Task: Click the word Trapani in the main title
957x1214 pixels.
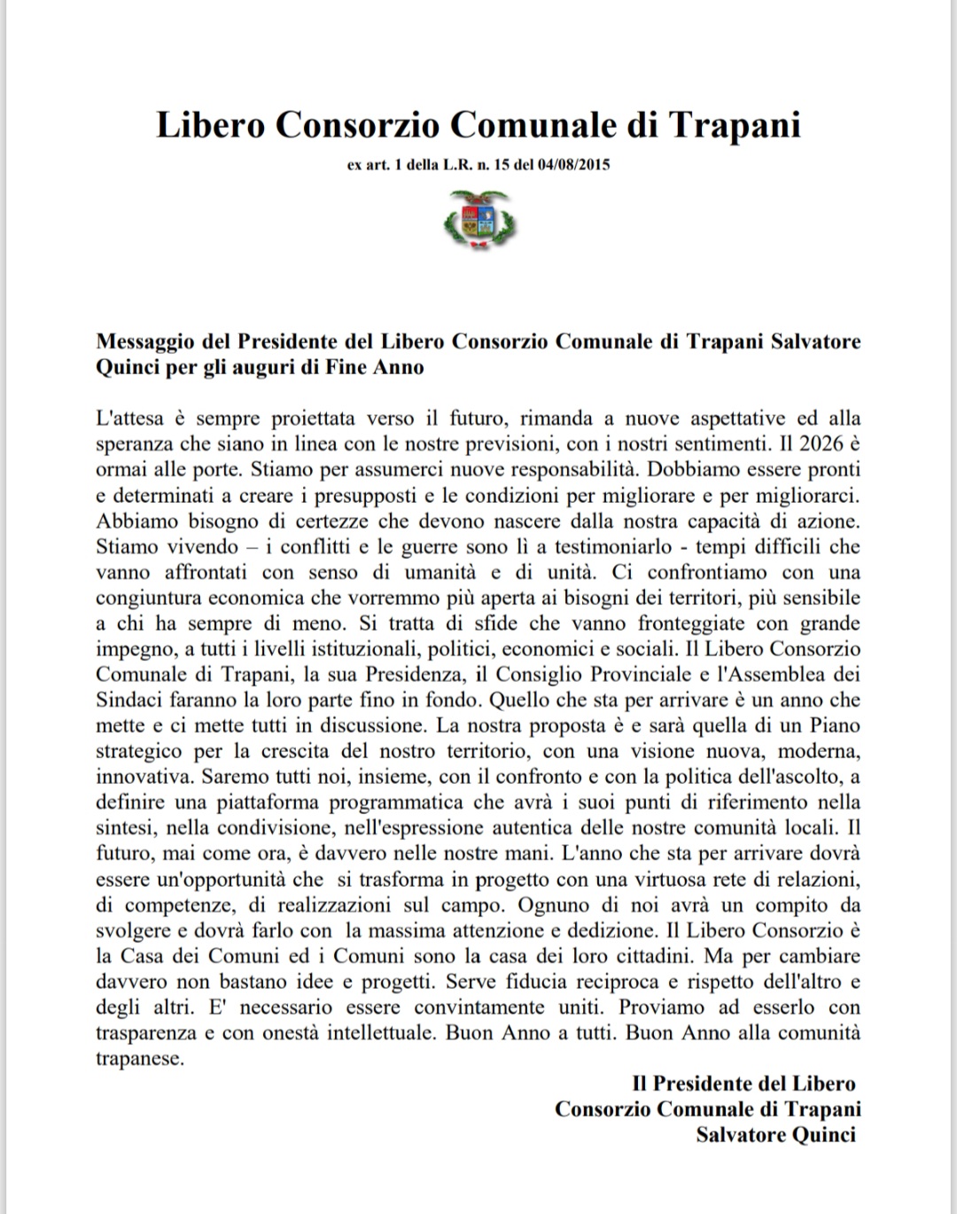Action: (734, 125)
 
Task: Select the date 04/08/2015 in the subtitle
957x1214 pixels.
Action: (573, 165)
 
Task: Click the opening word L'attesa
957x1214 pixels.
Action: (129, 418)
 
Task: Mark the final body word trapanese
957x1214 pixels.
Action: (139, 1059)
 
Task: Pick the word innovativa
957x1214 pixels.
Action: (143, 777)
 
